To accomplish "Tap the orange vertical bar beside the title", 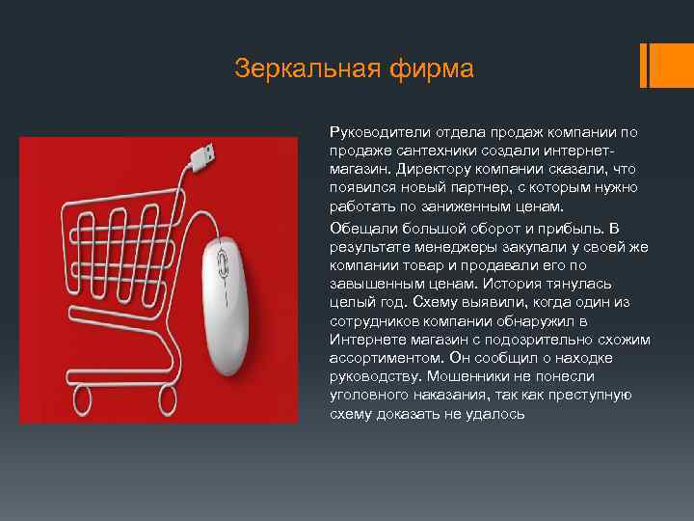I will pos(654,65).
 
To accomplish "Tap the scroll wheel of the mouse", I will pos(224,260).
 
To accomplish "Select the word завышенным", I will pos(374,284).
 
